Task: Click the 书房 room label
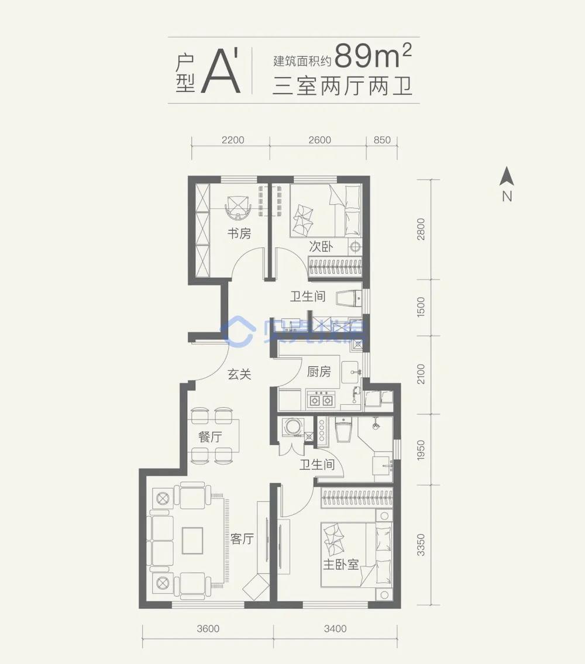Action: pyautogui.click(x=239, y=234)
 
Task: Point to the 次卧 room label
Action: pyautogui.click(x=321, y=247)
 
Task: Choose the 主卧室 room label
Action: pyautogui.click(x=340, y=566)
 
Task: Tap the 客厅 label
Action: pyautogui.click(x=242, y=539)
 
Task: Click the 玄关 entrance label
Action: pyautogui.click(x=239, y=374)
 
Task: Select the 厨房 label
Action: pyautogui.click(x=319, y=372)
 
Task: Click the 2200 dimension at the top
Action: pyautogui.click(x=233, y=140)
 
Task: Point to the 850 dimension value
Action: pyautogui.click(x=381, y=140)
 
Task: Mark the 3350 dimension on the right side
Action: pyautogui.click(x=421, y=545)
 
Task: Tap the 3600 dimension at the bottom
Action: pyautogui.click(x=208, y=629)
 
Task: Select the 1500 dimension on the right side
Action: pyautogui.click(x=421, y=307)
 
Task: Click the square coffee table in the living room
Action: pyautogui.click(x=192, y=540)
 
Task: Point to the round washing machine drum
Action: pyautogui.click(x=291, y=427)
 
